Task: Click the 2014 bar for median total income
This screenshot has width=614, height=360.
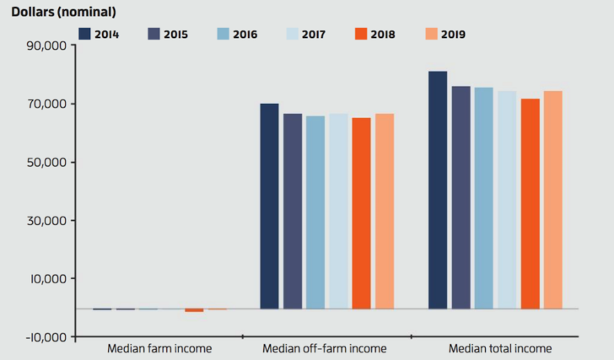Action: click(x=438, y=190)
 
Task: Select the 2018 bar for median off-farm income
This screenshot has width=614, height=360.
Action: click(x=361, y=212)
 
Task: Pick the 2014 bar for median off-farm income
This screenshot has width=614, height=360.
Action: click(x=269, y=206)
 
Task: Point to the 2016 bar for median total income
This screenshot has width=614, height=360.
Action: click(x=483, y=198)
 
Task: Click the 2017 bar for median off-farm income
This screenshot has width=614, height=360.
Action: click(x=338, y=211)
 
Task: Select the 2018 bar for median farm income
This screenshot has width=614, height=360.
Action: click(x=194, y=310)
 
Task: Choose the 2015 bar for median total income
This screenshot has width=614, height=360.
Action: click(x=460, y=197)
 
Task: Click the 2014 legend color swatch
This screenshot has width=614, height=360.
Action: click(x=84, y=35)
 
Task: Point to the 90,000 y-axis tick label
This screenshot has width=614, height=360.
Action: click(x=42, y=46)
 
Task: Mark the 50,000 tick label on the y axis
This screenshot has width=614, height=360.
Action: click(x=42, y=162)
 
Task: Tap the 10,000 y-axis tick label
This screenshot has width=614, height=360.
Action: click(x=42, y=279)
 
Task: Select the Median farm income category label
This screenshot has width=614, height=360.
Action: click(x=159, y=348)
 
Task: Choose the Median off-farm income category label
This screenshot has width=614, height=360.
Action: click(x=325, y=348)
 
